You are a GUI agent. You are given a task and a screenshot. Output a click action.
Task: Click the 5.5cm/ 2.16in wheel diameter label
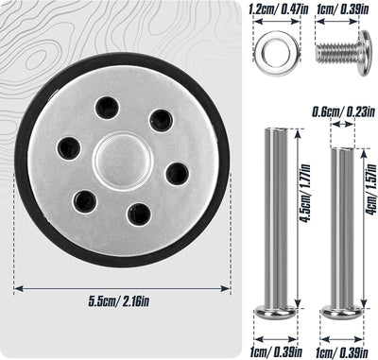(119, 301)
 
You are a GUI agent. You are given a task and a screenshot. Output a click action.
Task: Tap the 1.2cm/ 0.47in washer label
(278, 9)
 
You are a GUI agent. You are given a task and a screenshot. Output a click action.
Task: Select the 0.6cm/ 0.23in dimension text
(343, 111)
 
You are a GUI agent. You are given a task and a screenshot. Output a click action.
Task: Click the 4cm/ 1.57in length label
(372, 189)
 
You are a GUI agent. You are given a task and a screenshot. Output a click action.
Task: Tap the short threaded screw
(344, 53)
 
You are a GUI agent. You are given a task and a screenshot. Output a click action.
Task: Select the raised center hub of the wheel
(123, 162)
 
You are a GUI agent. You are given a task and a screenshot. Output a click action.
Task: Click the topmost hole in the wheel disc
(107, 108)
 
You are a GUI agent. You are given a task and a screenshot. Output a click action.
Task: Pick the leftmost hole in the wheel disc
(68, 148)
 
